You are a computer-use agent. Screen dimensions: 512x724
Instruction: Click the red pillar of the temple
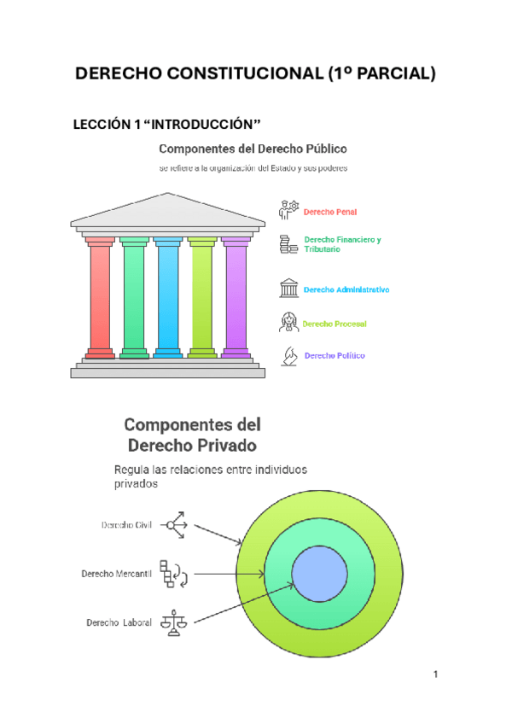tap(100, 295)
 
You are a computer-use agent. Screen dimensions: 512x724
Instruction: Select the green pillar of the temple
tap(134, 295)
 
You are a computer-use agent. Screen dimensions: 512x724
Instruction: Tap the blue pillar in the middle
tap(168, 295)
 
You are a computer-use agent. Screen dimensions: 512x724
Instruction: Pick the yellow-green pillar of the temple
tap(202, 295)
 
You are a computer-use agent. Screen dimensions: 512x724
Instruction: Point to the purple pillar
tap(236, 295)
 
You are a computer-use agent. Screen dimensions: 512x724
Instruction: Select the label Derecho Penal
tap(330, 212)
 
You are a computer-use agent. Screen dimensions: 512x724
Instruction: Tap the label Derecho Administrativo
tap(346, 290)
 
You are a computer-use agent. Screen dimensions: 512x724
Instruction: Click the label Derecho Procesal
tap(335, 324)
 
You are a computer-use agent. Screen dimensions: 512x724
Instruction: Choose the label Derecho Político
tap(335, 355)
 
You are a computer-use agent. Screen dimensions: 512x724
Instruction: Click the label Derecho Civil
tap(126, 524)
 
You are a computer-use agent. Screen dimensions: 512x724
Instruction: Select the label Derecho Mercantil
tap(116, 574)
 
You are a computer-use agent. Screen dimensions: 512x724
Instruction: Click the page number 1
tap(435, 676)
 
